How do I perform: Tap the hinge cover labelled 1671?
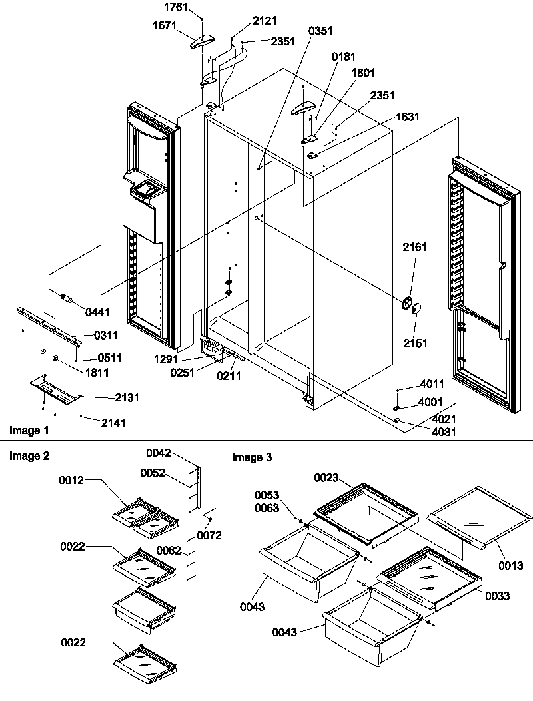(x=201, y=42)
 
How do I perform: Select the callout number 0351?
(x=321, y=31)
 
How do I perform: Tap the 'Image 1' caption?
(x=29, y=430)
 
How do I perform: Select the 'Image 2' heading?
(x=29, y=456)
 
